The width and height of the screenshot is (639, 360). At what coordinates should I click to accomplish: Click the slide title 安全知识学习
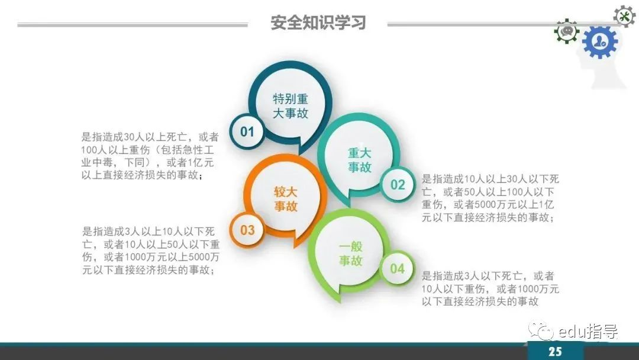coord(318,23)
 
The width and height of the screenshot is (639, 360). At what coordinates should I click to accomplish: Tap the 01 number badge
coord(247,131)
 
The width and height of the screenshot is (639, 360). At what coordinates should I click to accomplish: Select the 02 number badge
coord(398,185)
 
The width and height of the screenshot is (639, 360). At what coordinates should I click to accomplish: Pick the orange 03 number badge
coord(247,230)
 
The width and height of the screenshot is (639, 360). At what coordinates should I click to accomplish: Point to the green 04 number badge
coord(398,268)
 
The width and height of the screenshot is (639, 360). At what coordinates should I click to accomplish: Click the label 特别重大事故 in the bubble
coord(290,106)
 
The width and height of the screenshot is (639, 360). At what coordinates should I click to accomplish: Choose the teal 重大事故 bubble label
coord(360,160)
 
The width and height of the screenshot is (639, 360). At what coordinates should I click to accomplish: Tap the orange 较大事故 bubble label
coord(285,199)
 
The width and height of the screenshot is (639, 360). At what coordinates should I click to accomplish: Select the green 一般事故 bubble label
coord(350,253)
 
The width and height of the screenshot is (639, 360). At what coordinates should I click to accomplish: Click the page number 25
coord(555,352)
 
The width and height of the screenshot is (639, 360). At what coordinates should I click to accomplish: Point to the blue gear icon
coord(600,41)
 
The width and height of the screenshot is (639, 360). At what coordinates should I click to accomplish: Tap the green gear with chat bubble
coord(566,31)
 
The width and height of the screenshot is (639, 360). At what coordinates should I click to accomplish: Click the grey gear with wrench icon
coord(624,17)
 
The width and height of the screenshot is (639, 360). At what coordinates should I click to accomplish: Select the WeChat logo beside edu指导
coord(541,331)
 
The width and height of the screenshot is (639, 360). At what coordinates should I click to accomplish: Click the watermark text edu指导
coord(588,332)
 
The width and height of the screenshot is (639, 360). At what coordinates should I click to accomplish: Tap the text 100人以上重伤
coord(115,150)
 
